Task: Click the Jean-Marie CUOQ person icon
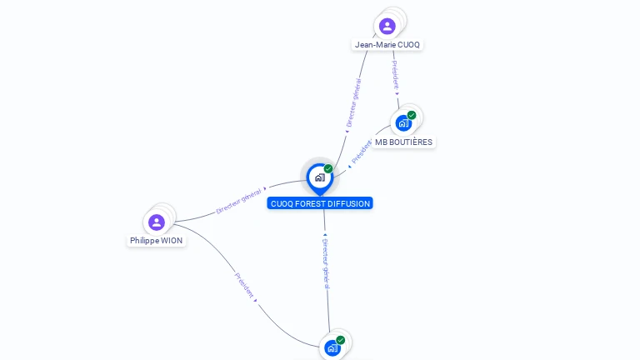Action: coord(387,27)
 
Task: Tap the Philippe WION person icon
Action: coord(156,222)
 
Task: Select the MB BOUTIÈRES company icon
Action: coord(403,123)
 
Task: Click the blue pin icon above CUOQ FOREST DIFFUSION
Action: coord(319,177)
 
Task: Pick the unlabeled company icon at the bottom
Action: coord(332,347)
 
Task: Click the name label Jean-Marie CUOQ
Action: coord(387,45)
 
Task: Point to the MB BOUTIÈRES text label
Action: coord(403,142)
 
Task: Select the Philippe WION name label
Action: coord(156,241)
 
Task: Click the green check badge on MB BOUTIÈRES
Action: coord(412,115)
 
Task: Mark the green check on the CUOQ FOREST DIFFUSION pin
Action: coord(328,169)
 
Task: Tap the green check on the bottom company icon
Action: coord(341,340)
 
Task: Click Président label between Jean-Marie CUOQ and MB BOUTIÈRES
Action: coord(395,76)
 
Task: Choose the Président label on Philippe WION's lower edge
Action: coord(244,285)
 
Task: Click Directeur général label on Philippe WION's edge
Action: coord(239,200)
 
